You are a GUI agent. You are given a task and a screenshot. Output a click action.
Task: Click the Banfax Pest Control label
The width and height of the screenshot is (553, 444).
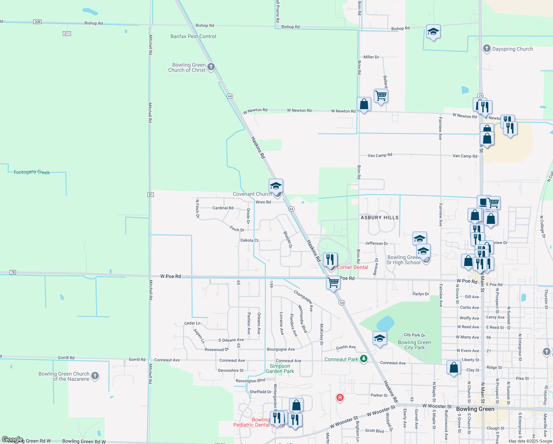[193, 36]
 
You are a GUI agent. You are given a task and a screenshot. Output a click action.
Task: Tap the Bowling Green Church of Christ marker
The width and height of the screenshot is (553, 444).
[211, 67]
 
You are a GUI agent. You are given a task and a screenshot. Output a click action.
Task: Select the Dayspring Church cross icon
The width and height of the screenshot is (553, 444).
[487, 48]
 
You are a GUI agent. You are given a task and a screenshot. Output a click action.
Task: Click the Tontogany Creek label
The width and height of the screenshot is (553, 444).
[31, 172]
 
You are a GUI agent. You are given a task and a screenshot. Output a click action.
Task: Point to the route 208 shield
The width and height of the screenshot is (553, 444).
[37, 22]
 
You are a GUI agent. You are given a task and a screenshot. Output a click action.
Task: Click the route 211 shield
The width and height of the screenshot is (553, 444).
[67, 34]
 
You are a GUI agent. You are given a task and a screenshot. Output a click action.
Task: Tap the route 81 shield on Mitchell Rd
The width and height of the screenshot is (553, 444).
[150, 195]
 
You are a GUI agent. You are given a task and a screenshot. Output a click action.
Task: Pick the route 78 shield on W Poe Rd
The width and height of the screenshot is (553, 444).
[13, 272]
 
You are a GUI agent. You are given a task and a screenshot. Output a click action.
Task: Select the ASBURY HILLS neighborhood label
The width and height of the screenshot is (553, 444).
[380, 218]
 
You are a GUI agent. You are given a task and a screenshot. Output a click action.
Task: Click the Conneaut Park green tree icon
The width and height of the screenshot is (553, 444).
[364, 359]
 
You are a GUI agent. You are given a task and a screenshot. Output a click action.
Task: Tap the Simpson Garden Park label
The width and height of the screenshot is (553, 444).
[280, 369]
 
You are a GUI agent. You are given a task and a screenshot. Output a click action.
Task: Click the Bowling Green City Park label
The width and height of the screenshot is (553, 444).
[414, 345]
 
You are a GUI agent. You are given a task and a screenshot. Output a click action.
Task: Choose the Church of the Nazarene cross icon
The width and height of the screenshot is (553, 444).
[95, 376]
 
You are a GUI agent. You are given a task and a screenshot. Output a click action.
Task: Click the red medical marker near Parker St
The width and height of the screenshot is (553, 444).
[340, 398]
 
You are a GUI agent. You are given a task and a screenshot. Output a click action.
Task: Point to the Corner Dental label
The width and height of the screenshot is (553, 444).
[352, 267]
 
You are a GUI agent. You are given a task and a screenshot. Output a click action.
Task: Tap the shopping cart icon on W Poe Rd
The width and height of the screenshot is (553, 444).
[333, 282]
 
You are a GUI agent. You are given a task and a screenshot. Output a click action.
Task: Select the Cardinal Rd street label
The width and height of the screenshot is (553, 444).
[223, 208]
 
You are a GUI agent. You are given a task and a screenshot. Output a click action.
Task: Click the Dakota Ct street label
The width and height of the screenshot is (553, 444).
[250, 240]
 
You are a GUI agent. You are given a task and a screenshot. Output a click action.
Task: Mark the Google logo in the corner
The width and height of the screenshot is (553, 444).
[12, 440]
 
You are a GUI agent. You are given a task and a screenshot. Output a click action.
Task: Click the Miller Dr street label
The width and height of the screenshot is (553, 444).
[371, 57]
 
